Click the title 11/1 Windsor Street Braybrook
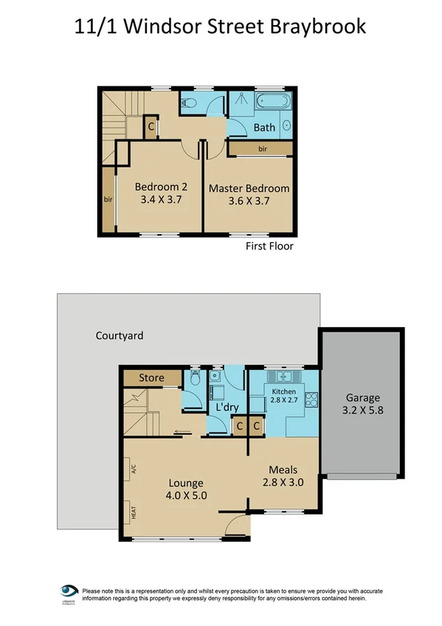[221, 27]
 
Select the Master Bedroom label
[249, 188]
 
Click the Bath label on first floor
[264, 127]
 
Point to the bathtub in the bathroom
[272, 103]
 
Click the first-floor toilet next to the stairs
[188, 103]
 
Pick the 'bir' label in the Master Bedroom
[263, 149]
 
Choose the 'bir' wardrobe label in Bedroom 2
[108, 199]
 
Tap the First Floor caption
[269, 246]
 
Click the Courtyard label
[120, 335]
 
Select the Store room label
[152, 378]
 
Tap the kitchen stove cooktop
[311, 399]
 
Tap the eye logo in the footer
[69, 591]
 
